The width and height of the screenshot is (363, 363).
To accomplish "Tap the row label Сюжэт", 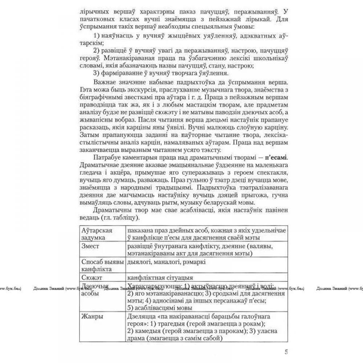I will coord(92,278).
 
